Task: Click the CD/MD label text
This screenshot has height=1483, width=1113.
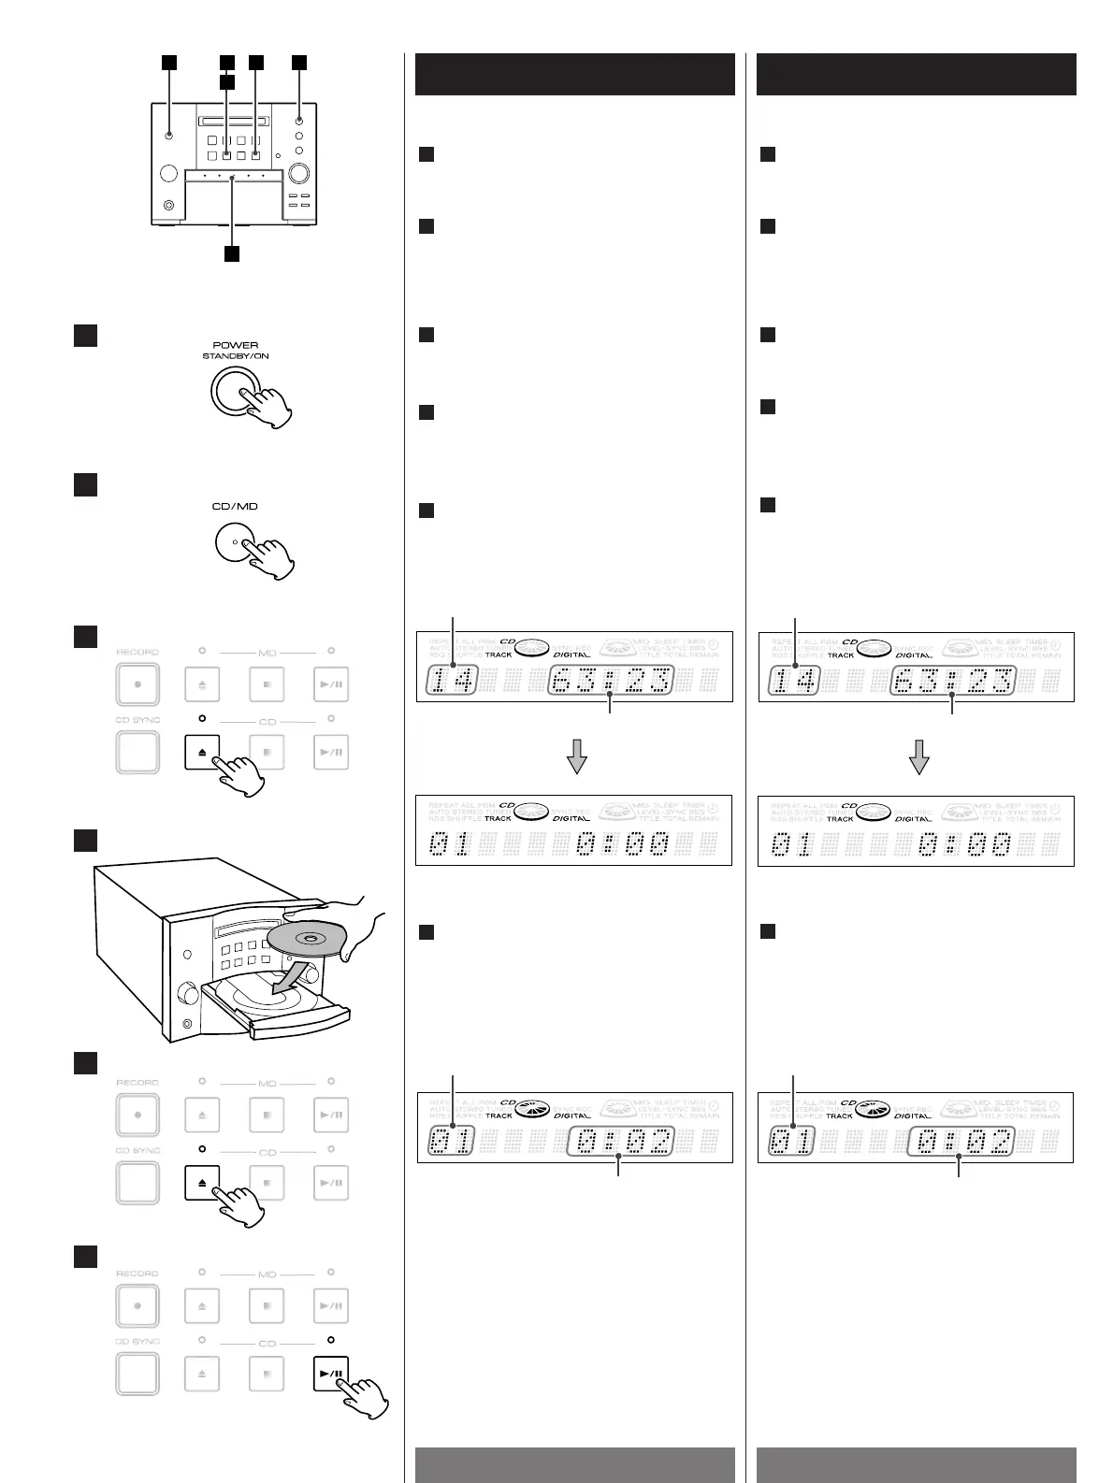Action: click(x=235, y=506)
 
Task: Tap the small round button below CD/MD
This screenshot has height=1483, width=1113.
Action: click(x=235, y=543)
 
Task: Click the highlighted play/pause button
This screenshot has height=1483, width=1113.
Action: click(x=330, y=1375)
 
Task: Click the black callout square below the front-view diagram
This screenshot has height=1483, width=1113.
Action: click(x=232, y=253)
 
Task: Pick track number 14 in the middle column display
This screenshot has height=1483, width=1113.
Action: click(x=453, y=681)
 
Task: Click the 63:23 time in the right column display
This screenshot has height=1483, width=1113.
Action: click(x=951, y=681)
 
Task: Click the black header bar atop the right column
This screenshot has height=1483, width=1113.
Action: click(x=916, y=74)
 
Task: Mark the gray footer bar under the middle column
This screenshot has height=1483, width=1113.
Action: click(x=574, y=1464)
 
